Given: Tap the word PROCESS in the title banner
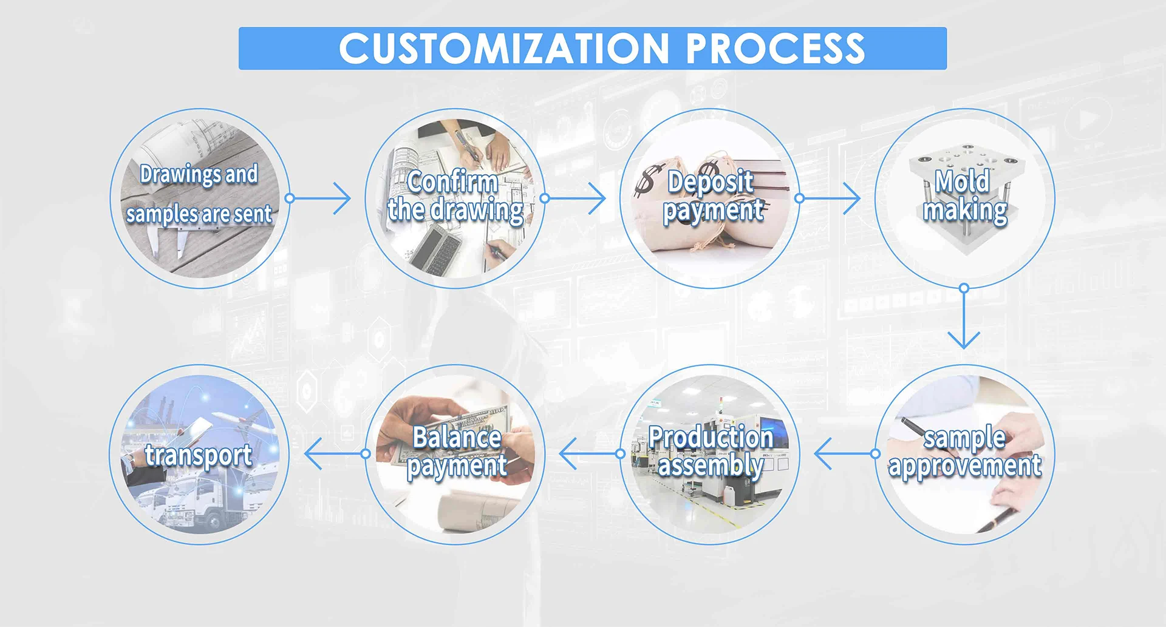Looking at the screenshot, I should [776, 49].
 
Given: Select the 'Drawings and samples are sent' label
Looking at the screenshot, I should [199, 194].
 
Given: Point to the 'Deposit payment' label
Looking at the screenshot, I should [712, 196].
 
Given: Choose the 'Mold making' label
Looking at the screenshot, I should [964, 196].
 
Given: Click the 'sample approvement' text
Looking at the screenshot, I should [964, 452].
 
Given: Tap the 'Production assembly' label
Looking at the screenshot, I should [711, 452].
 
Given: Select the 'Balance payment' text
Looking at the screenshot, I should [457, 452].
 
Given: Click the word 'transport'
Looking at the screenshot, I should [199, 455].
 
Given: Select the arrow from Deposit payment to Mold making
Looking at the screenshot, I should [830, 198].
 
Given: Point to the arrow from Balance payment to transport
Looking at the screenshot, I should [333, 454].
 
